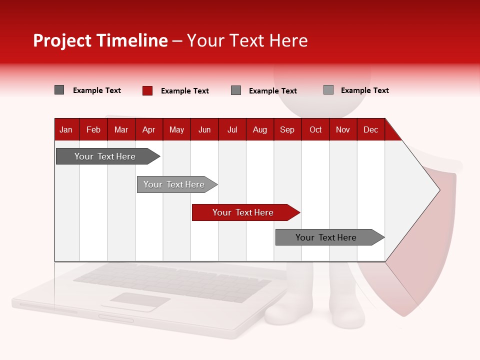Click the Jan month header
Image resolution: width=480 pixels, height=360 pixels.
(66, 129)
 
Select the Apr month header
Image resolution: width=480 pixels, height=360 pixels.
(148, 129)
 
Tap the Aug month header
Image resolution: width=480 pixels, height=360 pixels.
(259, 129)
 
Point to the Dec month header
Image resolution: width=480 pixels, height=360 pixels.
(370, 129)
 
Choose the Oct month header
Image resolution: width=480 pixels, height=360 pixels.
(315, 129)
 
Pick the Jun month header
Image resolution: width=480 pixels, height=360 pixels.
(204, 129)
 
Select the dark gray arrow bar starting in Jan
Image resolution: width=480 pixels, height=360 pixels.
(105, 156)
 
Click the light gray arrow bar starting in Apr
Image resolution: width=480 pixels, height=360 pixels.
(174, 184)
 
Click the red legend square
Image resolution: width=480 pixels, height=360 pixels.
(147, 90)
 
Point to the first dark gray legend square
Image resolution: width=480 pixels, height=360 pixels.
(59, 90)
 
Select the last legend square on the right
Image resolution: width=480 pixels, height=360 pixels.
(328, 90)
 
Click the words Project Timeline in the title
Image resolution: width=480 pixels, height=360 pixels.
(100, 40)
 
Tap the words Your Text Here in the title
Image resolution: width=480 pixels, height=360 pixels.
(247, 40)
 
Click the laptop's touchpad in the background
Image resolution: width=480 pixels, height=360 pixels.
(140, 301)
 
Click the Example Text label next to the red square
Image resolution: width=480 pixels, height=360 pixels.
(184, 91)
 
